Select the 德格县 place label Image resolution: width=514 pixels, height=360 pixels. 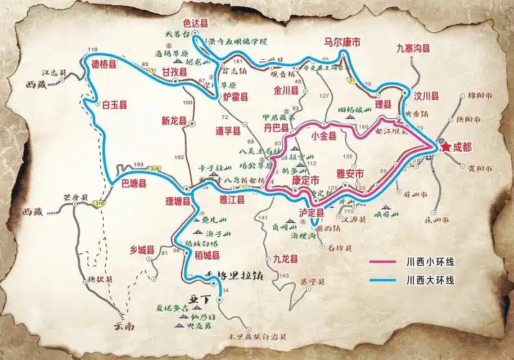(107, 61)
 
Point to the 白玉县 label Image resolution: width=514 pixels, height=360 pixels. (115, 104)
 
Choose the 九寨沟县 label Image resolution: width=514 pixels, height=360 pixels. (413, 48)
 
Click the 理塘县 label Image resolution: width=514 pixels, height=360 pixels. (176, 202)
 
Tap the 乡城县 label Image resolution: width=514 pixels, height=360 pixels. (143, 250)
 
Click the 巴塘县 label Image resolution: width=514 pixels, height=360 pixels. (132, 184)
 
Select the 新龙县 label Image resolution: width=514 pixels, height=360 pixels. (175, 120)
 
